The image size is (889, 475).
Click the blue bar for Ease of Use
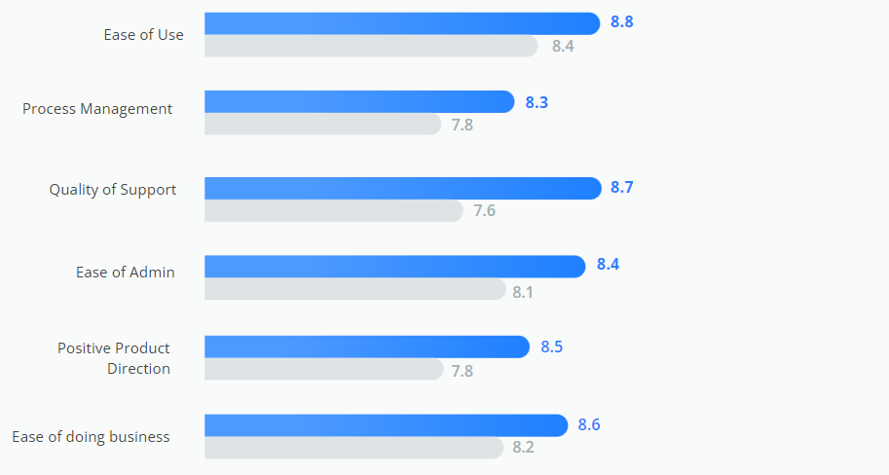401,23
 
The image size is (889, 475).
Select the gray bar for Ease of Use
370,46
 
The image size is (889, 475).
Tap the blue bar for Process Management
358,101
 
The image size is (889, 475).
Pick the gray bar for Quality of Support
333,210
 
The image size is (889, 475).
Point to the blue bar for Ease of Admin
394,266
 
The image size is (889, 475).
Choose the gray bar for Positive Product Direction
322,370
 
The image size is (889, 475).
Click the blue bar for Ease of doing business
386,425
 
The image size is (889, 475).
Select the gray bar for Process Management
322,124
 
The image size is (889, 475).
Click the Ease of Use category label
144,35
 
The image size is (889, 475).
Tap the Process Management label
97,109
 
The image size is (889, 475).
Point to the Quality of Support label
113,190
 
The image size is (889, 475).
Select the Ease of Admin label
126,273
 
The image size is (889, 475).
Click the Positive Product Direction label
115,358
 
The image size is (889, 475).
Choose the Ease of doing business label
91,437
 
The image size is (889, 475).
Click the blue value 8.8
622,21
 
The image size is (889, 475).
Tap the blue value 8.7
622,187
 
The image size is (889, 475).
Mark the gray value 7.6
485,210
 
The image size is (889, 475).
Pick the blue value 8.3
537,102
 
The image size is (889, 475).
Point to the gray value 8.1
523,291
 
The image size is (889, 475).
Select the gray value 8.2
523,448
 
